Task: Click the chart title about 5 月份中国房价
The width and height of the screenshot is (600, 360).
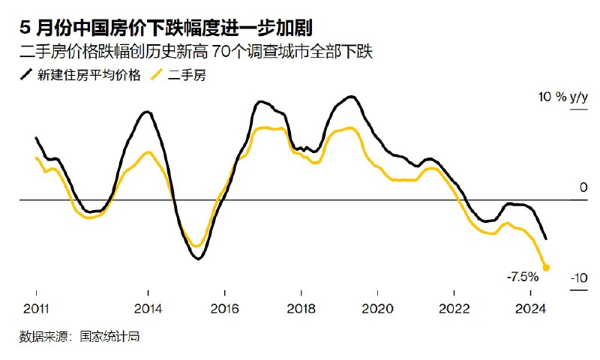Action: click(166, 28)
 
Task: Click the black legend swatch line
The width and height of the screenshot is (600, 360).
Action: click(25, 75)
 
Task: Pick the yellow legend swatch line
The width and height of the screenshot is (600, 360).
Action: click(157, 75)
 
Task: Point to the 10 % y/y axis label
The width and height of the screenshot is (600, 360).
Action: click(562, 97)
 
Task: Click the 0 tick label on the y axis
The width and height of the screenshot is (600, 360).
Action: click(583, 187)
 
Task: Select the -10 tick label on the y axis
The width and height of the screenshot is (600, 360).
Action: click(578, 279)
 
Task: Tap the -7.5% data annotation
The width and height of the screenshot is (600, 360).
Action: click(523, 277)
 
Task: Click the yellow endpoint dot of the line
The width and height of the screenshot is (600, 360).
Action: click(546, 267)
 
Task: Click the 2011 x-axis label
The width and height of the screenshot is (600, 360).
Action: click(36, 308)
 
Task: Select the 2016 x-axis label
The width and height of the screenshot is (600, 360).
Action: click(224, 308)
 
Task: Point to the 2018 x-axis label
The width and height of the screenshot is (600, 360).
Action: click(301, 308)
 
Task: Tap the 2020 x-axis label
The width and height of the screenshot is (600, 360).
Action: click(377, 308)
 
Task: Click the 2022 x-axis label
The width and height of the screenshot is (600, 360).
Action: click(454, 308)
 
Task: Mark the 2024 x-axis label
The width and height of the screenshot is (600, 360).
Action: click(530, 308)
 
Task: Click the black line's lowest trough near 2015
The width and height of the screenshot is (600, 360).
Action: click(198, 259)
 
